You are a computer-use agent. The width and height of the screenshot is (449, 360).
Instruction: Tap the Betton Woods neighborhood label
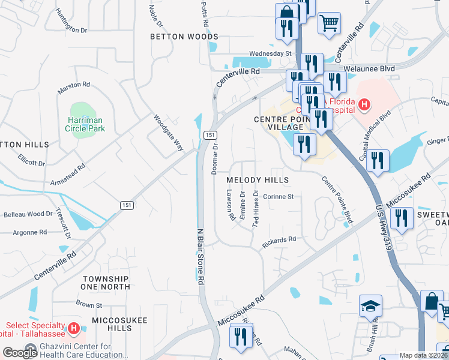(184, 37)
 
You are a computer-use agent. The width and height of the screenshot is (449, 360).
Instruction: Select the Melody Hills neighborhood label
(258, 180)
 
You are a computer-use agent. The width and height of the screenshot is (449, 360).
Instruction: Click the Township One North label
(106, 283)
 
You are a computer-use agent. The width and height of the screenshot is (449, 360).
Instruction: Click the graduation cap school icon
(370, 307)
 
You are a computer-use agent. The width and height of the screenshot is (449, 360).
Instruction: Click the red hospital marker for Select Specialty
(73, 329)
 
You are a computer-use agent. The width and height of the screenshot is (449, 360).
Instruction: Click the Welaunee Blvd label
(374, 69)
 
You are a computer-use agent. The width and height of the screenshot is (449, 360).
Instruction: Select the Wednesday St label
(270, 53)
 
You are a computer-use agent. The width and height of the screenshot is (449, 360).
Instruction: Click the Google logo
(20, 353)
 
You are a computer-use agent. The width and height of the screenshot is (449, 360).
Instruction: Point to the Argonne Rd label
(25, 232)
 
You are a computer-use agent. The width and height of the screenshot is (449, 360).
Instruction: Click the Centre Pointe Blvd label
(336, 199)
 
